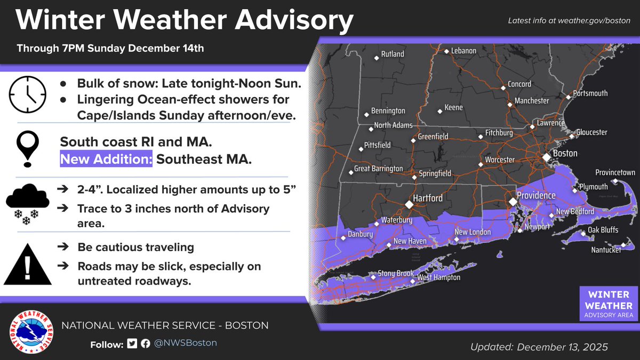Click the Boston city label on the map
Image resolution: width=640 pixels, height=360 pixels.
(564, 154)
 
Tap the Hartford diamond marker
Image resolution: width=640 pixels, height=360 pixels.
(409, 204)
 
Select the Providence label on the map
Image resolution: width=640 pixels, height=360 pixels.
(536, 196)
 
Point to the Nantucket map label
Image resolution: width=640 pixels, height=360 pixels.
(606, 250)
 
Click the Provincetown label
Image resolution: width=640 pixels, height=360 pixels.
(615, 173)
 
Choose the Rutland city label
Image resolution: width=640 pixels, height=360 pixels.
(392, 54)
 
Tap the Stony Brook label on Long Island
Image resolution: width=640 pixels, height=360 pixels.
(395, 274)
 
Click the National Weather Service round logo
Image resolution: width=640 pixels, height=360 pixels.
(32, 332)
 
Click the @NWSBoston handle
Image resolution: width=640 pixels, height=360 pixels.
(186, 343)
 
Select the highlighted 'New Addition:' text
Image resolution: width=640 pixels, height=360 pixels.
(106, 159)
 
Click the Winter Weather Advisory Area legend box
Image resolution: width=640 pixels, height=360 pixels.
(608, 305)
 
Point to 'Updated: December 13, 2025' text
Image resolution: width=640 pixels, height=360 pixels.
(539, 347)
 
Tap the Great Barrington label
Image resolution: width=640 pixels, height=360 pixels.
(379, 169)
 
